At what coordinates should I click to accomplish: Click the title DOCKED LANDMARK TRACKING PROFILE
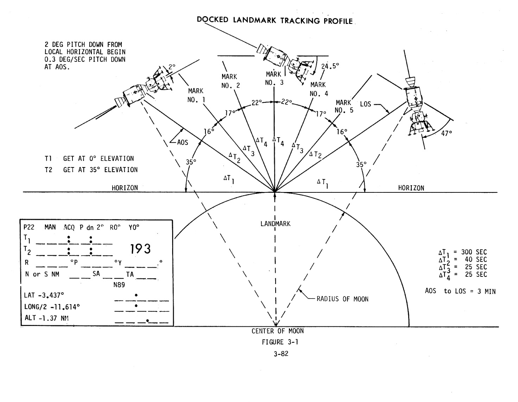pyautogui.click(x=275, y=20)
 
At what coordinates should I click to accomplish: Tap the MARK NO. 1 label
pyautogui.click(x=196, y=95)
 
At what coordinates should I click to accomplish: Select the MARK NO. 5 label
pyautogui.click(x=344, y=106)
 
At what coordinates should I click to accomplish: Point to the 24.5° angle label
pyautogui.click(x=330, y=66)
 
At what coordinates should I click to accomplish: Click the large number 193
pyautogui.click(x=140, y=249)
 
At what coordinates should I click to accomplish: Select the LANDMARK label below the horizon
pyautogui.click(x=276, y=224)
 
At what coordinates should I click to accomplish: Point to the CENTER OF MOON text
pyautogui.click(x=277, y=331)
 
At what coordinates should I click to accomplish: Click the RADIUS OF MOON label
pyautogui.click(x=342, y=299)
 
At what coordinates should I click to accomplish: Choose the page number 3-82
pyautogui.click(x=281, y=354)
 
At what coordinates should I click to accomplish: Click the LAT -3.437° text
pyautogui.click(x=44, y=295)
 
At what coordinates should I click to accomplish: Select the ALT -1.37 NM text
pyautogui.click(x=46, y=318)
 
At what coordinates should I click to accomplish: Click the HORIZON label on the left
pyautogui.click(x=125, y=188)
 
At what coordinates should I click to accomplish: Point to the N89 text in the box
pyautogui.click(x=119, y=285)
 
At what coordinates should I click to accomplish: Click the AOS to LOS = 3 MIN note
pyautogui.click(x=460, y=291)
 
